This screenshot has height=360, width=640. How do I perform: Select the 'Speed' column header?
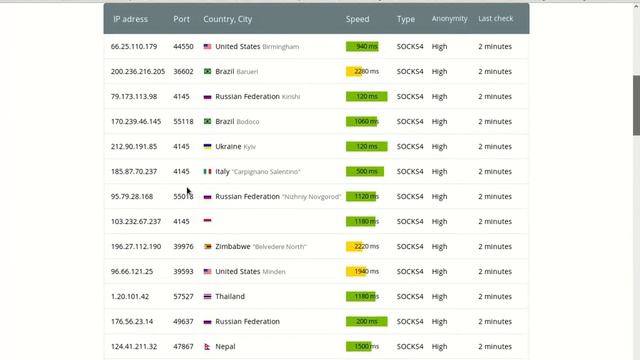click(x=357, y=19)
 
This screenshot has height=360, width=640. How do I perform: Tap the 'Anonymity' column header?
click(x=449, y=19)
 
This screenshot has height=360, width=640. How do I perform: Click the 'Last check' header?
click(x=497, y=19)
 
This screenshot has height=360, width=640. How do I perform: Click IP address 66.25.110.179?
click(x=135, y=46)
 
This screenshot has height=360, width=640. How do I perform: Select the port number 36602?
click(x=183, y=71)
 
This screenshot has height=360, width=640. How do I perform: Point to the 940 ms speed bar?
click(x=362, y=46)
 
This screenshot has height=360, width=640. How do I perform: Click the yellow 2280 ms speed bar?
click(x=362, y=71)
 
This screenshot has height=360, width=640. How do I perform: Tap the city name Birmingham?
click(x=280, y=47)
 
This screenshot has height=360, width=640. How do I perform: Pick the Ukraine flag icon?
click(x=207, y=146)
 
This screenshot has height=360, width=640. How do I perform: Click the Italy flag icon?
click(x=207, y=171)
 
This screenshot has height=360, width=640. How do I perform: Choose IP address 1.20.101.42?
click(x=130, y=296)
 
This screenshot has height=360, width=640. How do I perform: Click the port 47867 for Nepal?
click(x=183, y=346)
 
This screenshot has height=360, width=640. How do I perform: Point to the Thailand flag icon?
click(x=207, y=296)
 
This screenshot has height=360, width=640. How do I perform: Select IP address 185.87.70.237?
click(x=134, y=171)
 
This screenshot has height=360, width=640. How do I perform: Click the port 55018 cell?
click(x=183, y=196)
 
